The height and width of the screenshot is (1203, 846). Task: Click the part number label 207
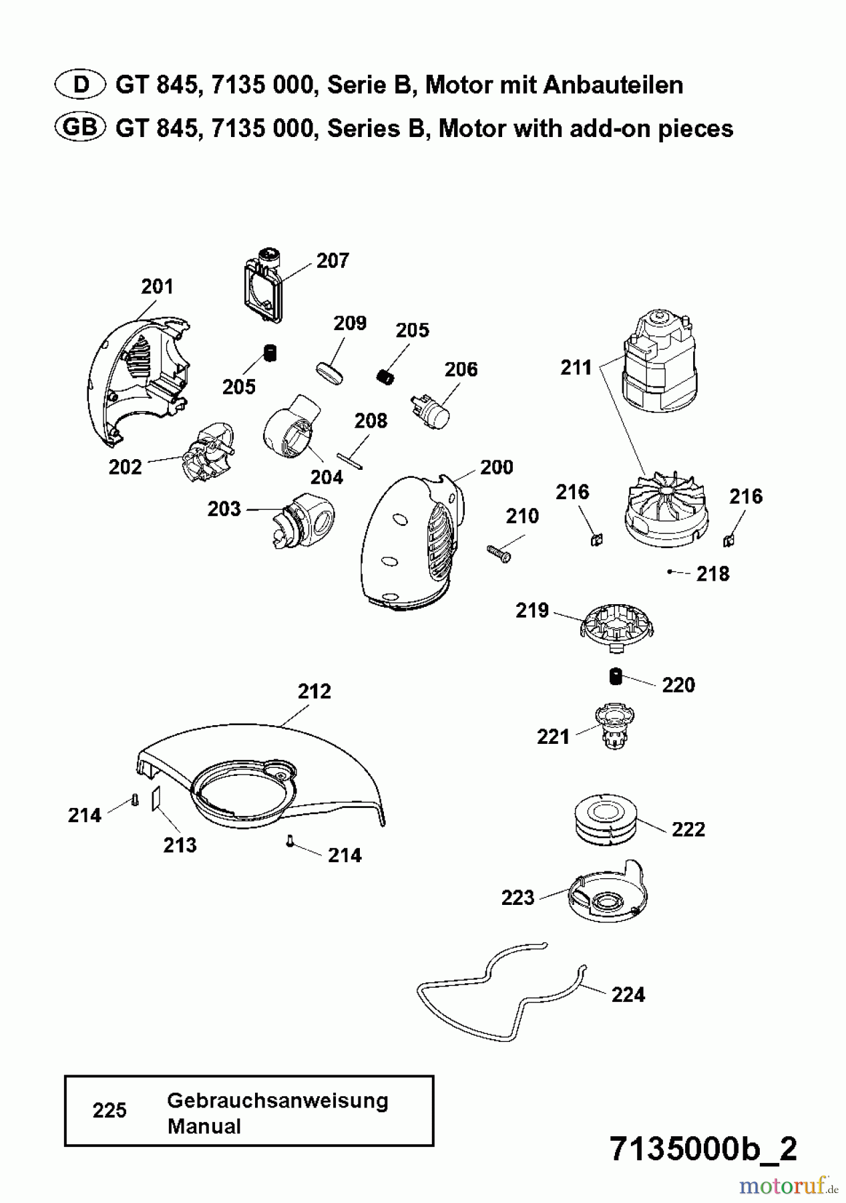point(333,261)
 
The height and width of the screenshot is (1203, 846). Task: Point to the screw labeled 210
point(497,553)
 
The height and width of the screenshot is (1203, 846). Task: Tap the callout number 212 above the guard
point(314,691)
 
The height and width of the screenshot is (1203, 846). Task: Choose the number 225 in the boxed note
point(110,1110)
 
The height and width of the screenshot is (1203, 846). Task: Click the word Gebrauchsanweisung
point(277,1100)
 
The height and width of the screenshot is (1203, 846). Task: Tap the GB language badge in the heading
point(79,127)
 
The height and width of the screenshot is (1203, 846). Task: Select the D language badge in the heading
point(79,85)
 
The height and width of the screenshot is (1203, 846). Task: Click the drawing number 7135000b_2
point(703,1150)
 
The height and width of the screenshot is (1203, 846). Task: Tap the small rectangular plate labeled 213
point(155,798)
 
